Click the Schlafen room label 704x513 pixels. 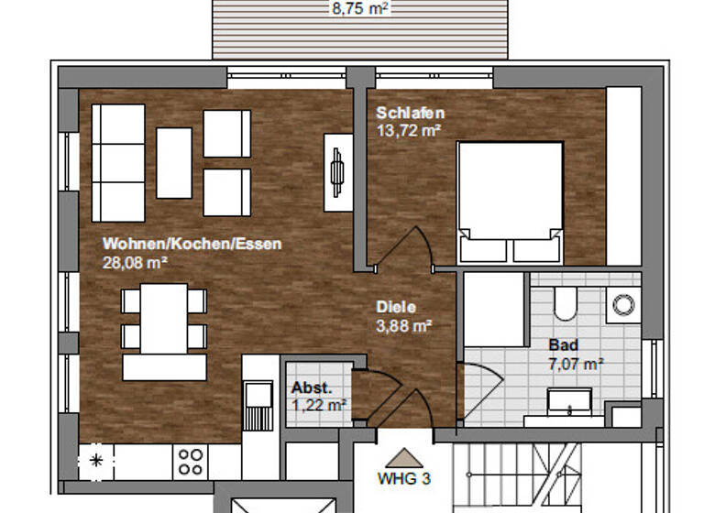click(x=410, y=113)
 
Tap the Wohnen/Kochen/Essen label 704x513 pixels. click(x=192, y=245)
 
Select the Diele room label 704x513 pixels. click(x=396, y=308)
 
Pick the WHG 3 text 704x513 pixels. click(x=403, y=477)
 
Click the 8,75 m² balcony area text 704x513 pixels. click(x=360, y=8)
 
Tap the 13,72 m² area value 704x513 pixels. click(x=408, y=130)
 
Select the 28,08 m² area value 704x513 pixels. click(x=134, y=262)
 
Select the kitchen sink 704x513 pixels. click(x=257, y=404)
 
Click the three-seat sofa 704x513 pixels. click(x=118, y=162)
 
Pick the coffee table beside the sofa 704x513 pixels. click(x=174, y=162)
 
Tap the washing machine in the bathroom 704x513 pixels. click(x=624, y=304)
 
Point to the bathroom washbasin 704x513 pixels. click(x=570, y=401)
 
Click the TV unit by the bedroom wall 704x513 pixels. click(x=337, y=171)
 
